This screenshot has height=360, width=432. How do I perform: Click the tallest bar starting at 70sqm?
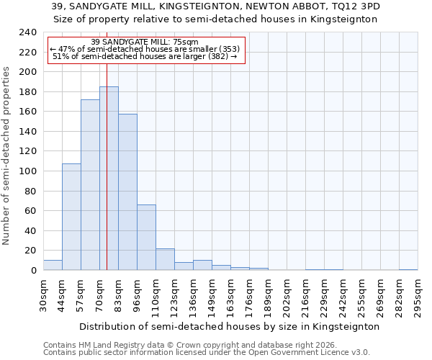coord(109,179)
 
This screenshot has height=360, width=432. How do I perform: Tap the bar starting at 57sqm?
coord(90,185)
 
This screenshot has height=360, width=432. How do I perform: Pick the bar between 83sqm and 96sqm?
coord(127,192)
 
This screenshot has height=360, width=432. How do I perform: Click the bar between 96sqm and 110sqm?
coord(146,238)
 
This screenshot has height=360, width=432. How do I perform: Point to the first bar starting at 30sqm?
coord(53,265)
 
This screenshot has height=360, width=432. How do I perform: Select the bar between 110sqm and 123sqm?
coord(165,259)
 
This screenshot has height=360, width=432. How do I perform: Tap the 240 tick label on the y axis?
coord(27,32)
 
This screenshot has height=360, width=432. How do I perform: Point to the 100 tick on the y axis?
coord(27,171)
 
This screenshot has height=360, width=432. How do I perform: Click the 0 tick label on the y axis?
coord(33,270)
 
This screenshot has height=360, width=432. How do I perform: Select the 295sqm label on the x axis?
coord(418,295)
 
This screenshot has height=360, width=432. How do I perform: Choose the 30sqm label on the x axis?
coord(44,295)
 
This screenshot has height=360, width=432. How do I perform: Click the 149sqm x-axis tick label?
coord(212,295)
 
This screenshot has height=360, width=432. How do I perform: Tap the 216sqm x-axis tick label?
coord(305,295)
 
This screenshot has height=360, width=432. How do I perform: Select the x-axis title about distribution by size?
coord(229,326)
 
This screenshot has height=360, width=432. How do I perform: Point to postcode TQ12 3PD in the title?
coord(356,6)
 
